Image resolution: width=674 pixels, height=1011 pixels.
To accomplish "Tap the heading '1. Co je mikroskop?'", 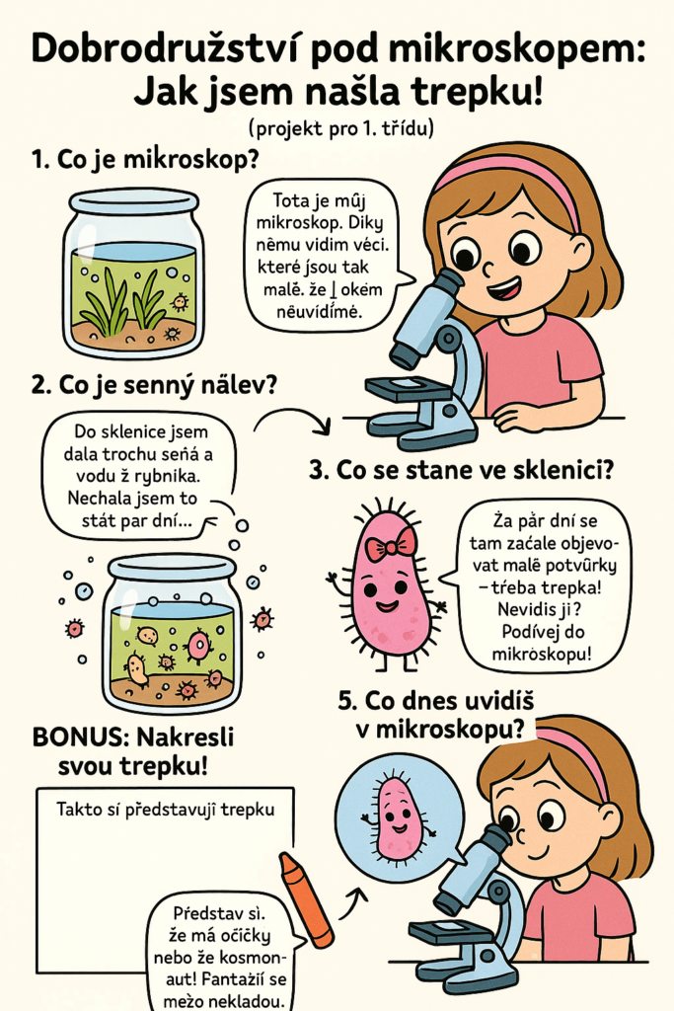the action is pos(145,159).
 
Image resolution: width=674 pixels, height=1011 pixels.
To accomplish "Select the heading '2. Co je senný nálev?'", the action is pos(153,386).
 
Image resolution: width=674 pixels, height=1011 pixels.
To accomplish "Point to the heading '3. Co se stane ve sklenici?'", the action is pos(462,470).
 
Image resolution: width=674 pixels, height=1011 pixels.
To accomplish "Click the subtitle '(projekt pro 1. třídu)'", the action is pos(340,128).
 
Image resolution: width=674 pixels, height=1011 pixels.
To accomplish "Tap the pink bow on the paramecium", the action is pos(390,546).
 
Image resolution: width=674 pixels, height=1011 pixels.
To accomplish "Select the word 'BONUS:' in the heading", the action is pos(79,737).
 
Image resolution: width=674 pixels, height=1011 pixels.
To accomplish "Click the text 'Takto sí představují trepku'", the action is pos(166,810).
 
